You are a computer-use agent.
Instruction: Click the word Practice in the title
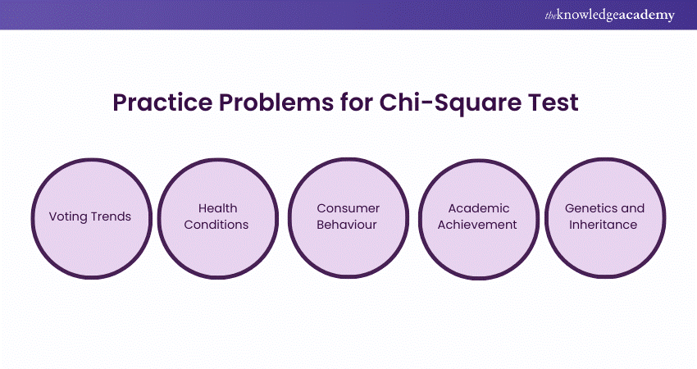pyautogui.click(x=162, y=102)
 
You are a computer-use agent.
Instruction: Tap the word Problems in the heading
pyautogui.click(x=276, y=102)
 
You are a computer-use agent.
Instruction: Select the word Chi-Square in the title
pyautogui.click(x=450, y=103)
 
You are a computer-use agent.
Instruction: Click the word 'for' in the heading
pyautogui.click(x=356, y=102)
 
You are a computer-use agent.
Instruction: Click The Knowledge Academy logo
pyautogui.click(x=609, y=15)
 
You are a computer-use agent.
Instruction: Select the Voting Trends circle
pyautogui.click(x=92, y=218)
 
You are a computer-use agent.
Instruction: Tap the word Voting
pyautogui.click(x=67, y=217)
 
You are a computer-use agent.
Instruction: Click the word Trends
pyautogui.click(x=111, y=216)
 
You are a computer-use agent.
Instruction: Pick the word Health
pyautogui.click(x=218, y=208)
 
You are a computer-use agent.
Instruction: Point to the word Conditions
pyautogui.click(x=216, y=225)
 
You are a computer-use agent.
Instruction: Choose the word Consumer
pyautogui.click(x=348, y=208)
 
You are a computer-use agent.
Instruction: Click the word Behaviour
pyautogui.click(x=347, y=225)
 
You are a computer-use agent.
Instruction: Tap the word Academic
pyautogui.click(x=479, y=208)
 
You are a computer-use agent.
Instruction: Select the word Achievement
pyautogui.click(x=477, y=225)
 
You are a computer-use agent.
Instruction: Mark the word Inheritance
pyautogui.click(x=604, y=225)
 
